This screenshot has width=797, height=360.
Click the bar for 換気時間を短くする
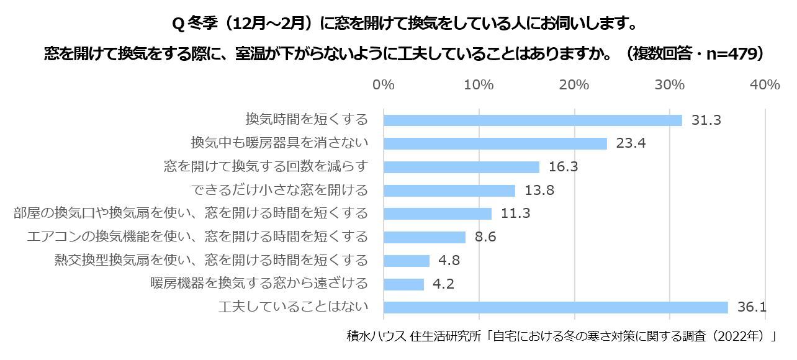point(533,120)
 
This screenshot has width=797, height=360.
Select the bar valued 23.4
point(495,143)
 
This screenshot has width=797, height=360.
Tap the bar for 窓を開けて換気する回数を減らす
point(461,167)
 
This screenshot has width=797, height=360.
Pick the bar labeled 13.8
point(449,191)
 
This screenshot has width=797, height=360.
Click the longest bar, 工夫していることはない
point(556,307)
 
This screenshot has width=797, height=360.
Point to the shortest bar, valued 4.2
point(403,284)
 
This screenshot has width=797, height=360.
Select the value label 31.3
point(706,120)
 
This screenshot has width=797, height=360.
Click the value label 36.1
point(752,307)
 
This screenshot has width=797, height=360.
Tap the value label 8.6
point(485,237)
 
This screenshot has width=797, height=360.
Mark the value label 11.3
point(515,214)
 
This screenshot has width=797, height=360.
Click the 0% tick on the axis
point(384,85)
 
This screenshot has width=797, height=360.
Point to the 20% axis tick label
point(574,85)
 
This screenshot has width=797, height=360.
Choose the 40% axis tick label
point(765,85)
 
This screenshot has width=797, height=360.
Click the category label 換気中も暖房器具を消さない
point(279,143)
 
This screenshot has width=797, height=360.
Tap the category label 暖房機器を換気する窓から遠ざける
point(259,284)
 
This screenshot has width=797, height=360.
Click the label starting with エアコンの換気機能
point(198,236)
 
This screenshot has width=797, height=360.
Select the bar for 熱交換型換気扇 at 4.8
point(407,261)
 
